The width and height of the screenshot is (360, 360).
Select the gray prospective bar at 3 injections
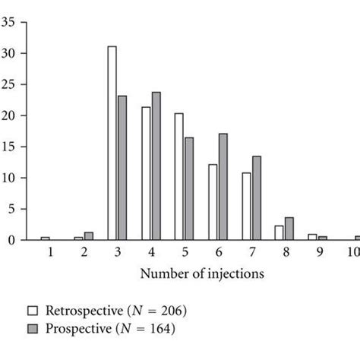tap(122, 168)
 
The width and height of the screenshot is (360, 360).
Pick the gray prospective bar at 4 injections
tap(156, 166)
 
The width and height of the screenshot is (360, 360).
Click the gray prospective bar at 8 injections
tap(289, 229)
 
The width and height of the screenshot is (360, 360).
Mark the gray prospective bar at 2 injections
tap(89, 236)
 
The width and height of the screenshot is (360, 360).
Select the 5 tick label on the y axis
tap(11, 209)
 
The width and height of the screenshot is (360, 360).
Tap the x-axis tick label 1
tap(50, 254)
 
